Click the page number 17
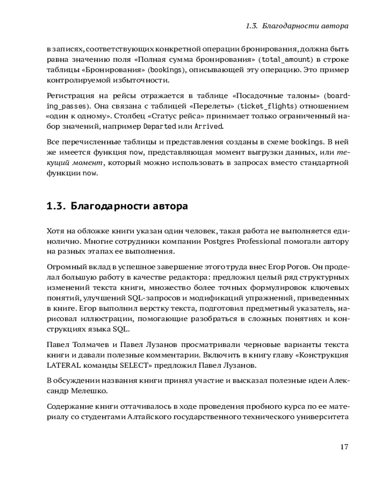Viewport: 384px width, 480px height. coord(344,447)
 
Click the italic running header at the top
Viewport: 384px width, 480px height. coord(297,26)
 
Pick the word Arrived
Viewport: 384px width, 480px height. coord(209,127)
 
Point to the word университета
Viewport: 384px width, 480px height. coord(323,417)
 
